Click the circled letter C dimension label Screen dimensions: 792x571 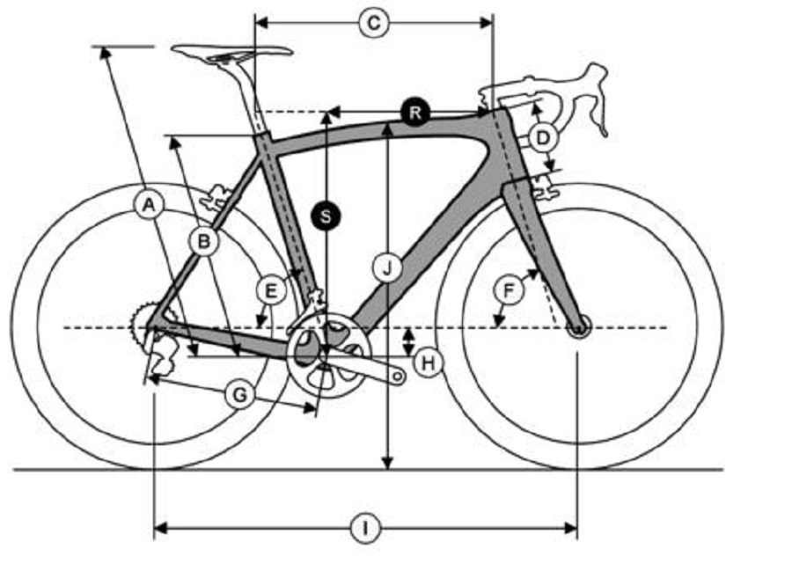(374, 23)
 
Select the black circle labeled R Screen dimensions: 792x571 (414, 113)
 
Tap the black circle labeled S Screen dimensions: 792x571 (326, 216)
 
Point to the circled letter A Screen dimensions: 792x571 (149, 204)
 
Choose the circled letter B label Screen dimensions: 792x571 (204, 241)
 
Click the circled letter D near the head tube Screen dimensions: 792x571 (542, 137)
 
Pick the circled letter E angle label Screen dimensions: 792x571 (271, 290)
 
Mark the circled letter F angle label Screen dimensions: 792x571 (509, 290)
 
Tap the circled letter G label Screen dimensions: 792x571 (239, 394)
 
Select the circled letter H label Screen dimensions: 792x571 (428, 362)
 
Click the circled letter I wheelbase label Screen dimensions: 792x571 (365, 529)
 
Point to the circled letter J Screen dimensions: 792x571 (387, 267)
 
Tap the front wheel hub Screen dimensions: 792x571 (578, 327)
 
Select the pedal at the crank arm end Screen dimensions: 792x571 (398, 377)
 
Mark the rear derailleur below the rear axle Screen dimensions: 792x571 (159, 356)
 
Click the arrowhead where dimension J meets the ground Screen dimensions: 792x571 (387, 463)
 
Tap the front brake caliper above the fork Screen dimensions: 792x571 (545, 187)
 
